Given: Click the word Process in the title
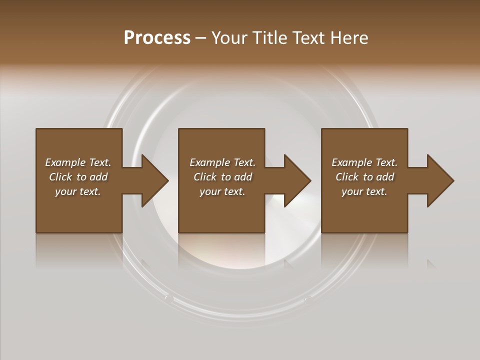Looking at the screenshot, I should pos(157,38).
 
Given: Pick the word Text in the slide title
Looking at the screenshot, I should pos(310,38).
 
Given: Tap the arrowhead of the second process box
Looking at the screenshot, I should pos(297,180).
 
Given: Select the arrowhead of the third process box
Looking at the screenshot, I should pos(440,180).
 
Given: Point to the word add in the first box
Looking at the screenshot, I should pos(98,177).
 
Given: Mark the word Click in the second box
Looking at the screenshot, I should pos(205,177).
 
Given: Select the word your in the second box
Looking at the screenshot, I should pos(210,191).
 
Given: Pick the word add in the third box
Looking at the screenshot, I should pos(385,177).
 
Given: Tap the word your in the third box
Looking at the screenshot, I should pos(352,191).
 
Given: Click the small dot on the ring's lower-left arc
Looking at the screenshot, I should pos(169,298).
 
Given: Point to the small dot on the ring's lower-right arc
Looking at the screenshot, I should pos(308,299).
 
